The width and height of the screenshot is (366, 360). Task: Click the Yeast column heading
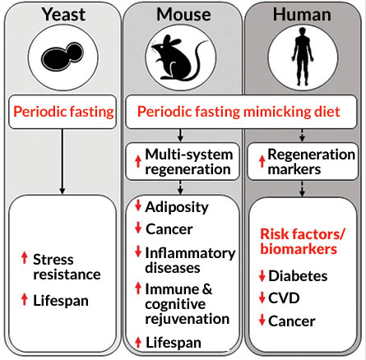(x=62, y=14)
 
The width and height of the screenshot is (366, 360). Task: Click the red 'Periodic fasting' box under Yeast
(x=62, y=112)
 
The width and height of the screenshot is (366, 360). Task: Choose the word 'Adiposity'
(x=176, y=207)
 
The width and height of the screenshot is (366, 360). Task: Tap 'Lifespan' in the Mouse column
(x=175, y=341)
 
